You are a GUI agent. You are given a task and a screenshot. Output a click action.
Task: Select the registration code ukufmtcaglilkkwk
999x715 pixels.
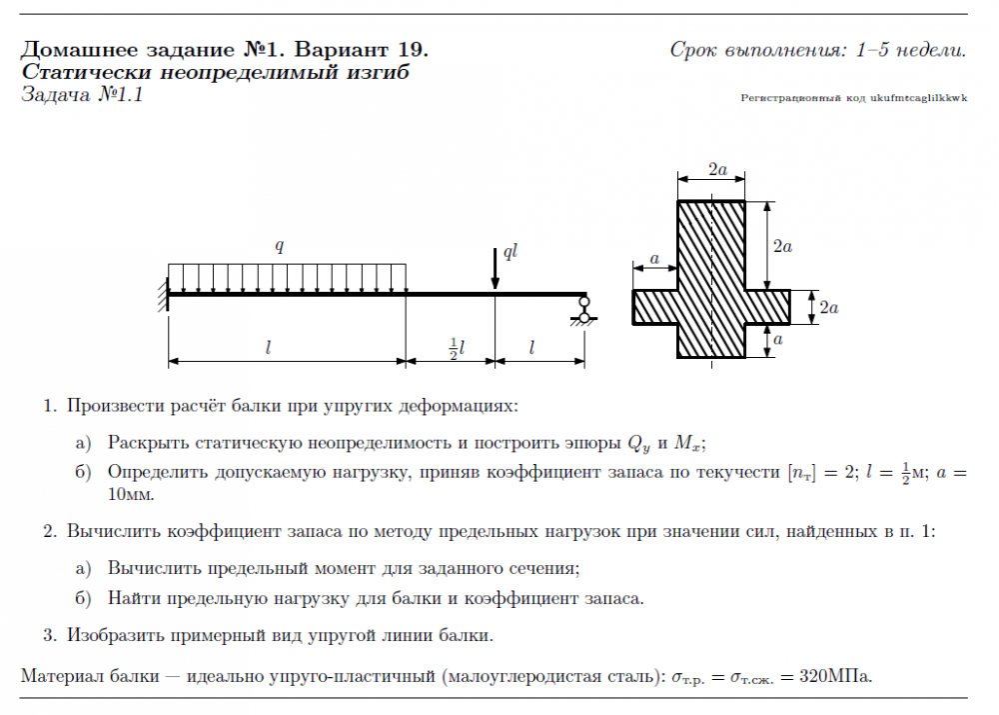[919, 98]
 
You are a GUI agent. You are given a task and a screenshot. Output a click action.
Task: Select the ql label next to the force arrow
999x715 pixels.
[510, 251]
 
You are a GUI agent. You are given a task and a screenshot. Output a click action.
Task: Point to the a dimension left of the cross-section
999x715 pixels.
[654, 259]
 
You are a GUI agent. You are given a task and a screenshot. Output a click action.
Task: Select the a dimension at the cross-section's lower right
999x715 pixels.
[778, 340]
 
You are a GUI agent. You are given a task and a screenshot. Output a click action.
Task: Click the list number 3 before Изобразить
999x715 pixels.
[48, 634]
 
